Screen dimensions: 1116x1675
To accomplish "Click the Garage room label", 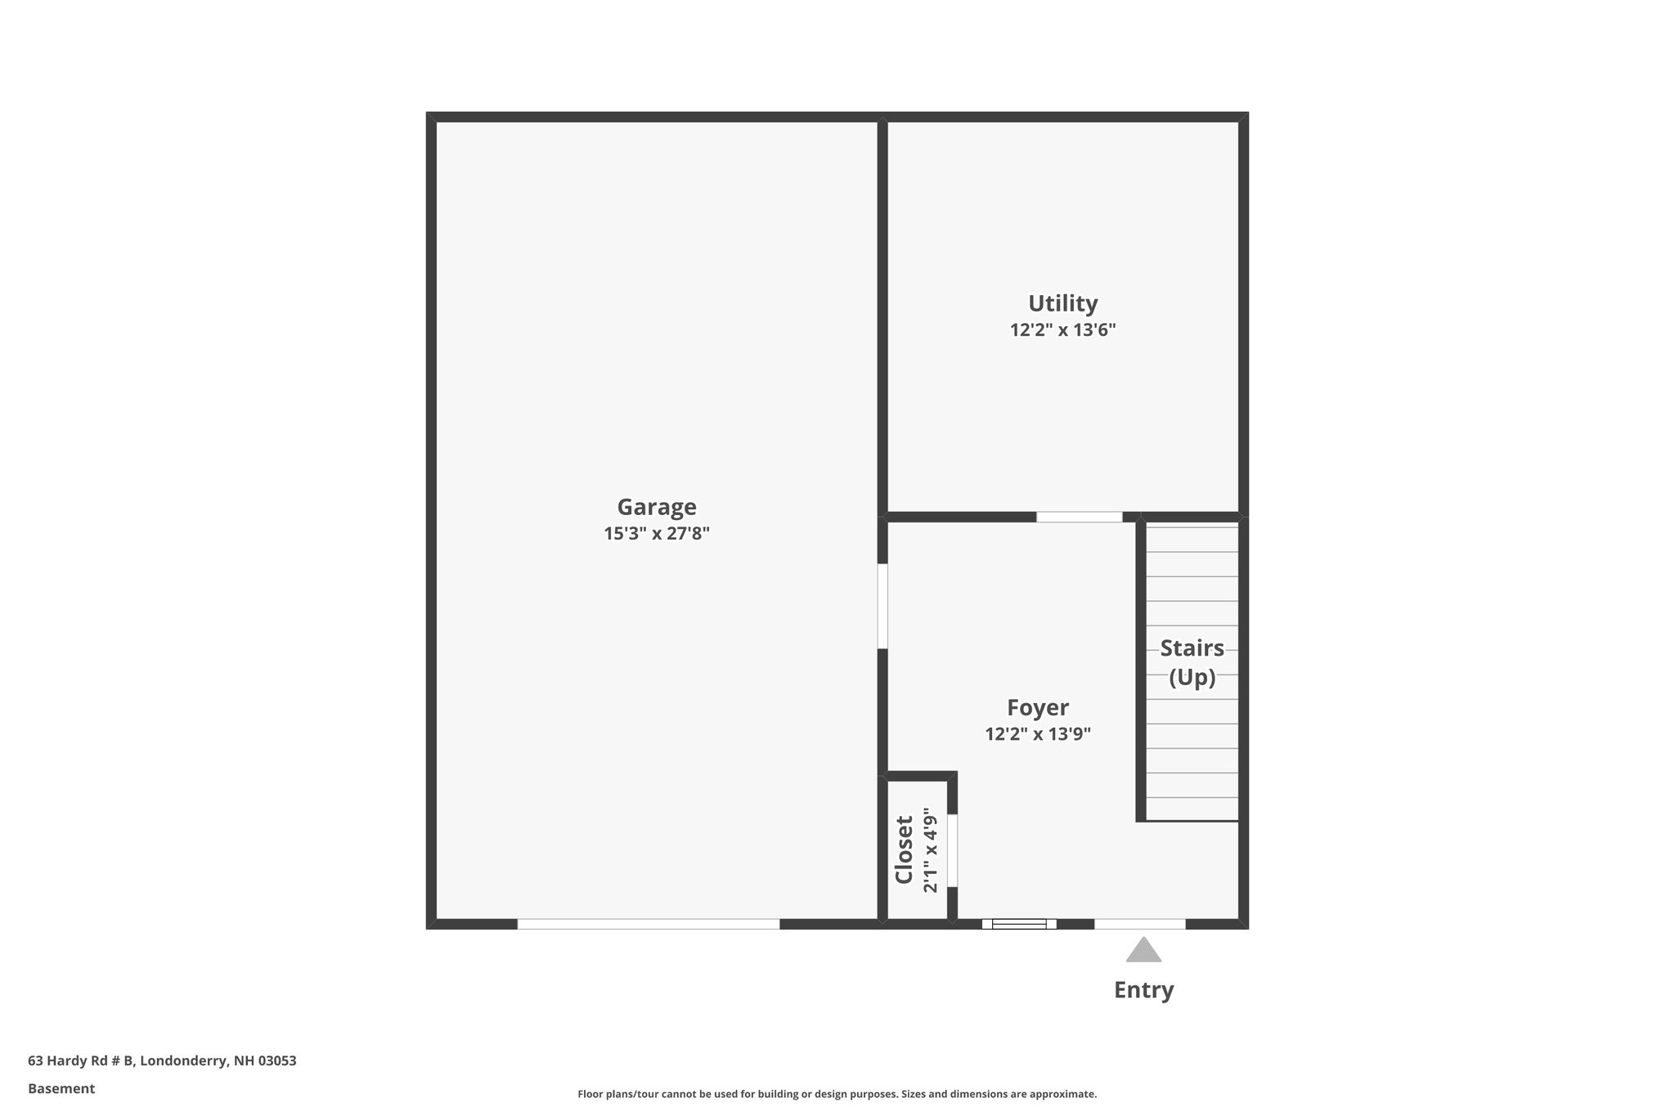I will click(656, 507).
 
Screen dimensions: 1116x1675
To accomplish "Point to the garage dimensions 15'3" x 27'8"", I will click(656, 534).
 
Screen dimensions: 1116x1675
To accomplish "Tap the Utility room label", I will click(1062, 303).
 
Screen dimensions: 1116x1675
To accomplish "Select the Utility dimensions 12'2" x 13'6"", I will click(1062, 330).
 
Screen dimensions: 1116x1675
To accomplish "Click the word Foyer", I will click(1037, 707).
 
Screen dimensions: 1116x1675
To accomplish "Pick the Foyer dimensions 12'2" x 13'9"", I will click(1037, 734).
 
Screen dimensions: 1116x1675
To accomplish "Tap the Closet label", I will click(904, 849).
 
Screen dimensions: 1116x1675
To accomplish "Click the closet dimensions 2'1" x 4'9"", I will click(930, 849).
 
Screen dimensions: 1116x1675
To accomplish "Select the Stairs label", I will click(1192, 648).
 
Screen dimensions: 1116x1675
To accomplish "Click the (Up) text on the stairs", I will click(1192, 678).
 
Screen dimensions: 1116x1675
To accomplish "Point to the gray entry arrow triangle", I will click(1143, 951).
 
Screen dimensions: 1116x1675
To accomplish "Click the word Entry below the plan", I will click(1143, 990).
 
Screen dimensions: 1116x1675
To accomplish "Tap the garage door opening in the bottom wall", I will click(648, 924).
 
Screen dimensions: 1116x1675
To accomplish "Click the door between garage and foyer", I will click(882, 606).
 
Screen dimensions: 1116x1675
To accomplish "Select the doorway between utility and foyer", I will click(1079, 517).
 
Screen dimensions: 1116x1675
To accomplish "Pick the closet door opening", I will click(952, 850).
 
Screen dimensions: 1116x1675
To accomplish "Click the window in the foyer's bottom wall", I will click(1019, 924).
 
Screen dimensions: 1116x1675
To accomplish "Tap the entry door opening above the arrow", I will click(1139, 924).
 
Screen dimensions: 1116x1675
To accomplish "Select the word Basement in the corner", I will click(61, 1089).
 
